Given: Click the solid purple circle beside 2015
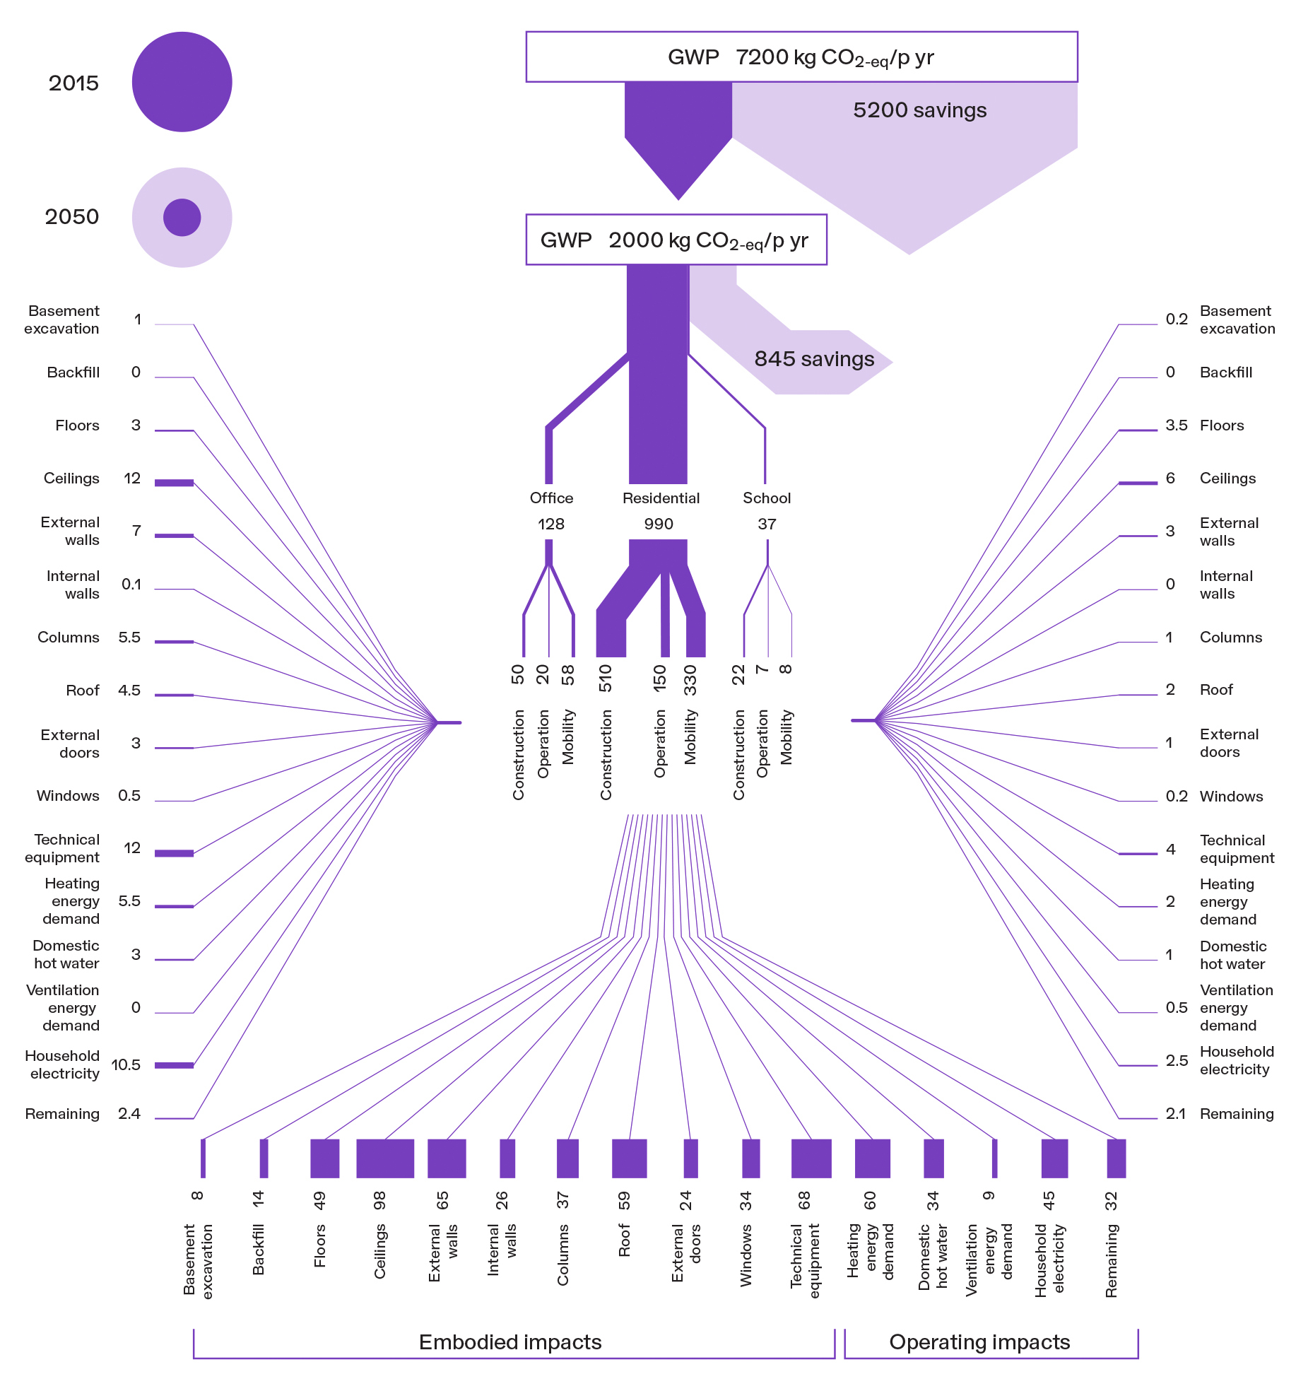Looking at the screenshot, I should tap(182, 82).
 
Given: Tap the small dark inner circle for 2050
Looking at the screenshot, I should tap(182, 217).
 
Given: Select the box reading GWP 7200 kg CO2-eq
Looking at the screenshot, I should tap(801, 57).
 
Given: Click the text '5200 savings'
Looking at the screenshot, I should tap(919, 110).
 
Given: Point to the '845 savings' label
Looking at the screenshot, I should tap(814, 359).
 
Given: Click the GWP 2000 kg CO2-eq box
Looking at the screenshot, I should tap(676, 240).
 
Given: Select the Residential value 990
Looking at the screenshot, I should tap(658, 524).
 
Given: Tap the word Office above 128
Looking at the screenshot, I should tap(551, 498).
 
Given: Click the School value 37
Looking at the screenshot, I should tap(767, 524).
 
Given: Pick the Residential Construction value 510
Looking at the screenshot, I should tap(606, 679).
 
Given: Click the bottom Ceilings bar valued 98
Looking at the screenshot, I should tap(384, 1158).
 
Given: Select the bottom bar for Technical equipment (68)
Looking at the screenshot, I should tap(811, 1158).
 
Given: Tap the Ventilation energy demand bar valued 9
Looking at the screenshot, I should tap(994, 1158).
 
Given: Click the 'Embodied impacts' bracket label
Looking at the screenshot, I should tap(509, 1342).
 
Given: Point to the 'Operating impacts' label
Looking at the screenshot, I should tap(979, 1342).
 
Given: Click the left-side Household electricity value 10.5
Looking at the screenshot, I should tap(126, 1065).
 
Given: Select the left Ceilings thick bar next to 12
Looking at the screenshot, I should tap(174, 483).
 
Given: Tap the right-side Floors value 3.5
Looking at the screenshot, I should tap(1176, 425).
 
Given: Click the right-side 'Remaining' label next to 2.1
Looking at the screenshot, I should tap(1236, 1114).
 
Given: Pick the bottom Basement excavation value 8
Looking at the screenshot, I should tap(197, 1196).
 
